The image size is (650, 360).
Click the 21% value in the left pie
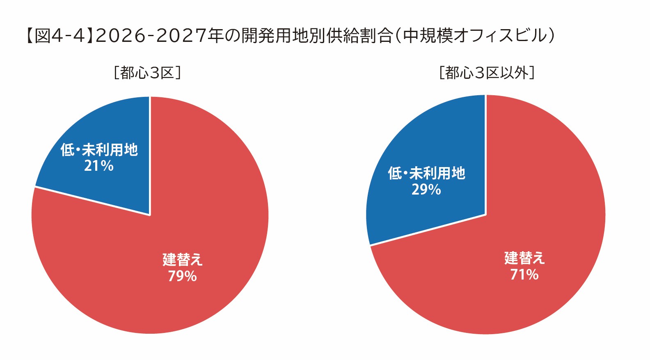pyautogui.click(x=99, y=166)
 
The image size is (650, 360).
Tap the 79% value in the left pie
pyautogui.click(x=182, y=276)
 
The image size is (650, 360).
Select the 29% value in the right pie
pyautogui.click(x=426, y=190)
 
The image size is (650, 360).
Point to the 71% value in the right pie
pyautogui.click(x=524, y=275)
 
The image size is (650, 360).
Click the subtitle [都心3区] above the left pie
pyautogui.click(x=147, y=73)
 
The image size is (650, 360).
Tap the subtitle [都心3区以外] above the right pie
pyautogui.click(x=487, y=73)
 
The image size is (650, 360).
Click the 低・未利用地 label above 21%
pyautogui.click(x=99, y=150)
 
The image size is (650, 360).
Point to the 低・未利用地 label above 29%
pyautogui.click(x=426, y=173)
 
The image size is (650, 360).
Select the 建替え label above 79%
pyautogui.click(x=183, y=259)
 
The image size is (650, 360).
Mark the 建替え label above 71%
pyautogui.click(x=524, y=258)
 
